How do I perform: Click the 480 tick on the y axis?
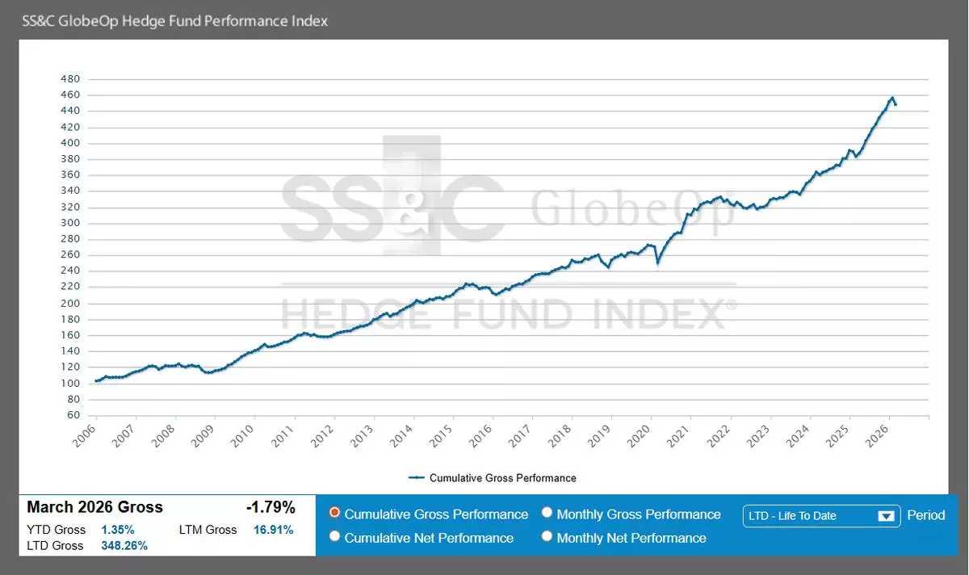[70, 79]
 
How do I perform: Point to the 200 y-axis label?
[70, 303]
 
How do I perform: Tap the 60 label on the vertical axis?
[73, 415]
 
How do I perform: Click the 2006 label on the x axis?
[86, 436]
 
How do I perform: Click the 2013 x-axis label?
[363, 436]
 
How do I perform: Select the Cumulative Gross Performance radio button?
[334, 513]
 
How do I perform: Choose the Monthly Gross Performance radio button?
[547, 513]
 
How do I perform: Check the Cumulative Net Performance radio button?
[334, 536]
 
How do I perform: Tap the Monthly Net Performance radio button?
[547, 536]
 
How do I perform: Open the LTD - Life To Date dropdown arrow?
[886, 516]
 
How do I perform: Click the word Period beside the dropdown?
[925, 515]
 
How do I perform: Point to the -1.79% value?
[271, 508]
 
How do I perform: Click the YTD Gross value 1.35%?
[118, 530]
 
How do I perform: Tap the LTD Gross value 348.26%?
[124, 546]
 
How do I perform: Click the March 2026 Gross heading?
[94, 508]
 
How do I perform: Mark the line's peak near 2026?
[892, 98]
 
